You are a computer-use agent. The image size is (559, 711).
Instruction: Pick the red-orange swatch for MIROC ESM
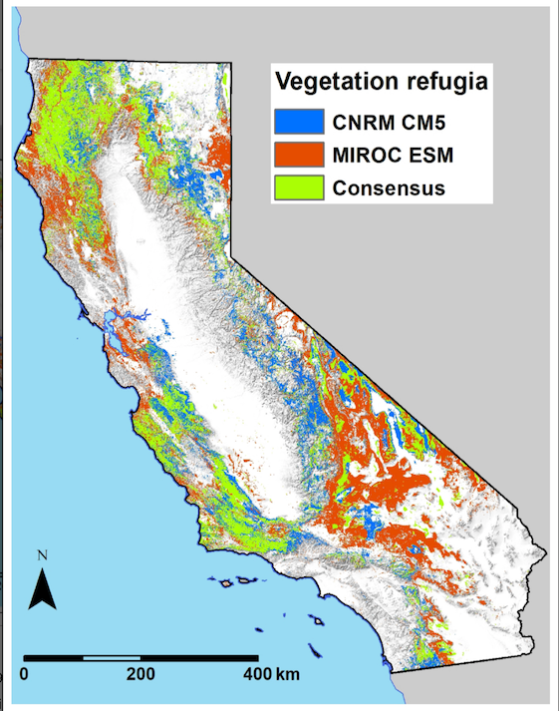(x=299, y=154)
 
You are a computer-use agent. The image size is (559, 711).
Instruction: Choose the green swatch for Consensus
(x=299, y=187)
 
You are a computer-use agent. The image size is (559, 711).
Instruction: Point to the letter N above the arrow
(x=42, y=554)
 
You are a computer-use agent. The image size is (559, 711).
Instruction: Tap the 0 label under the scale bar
(x=24, y=674)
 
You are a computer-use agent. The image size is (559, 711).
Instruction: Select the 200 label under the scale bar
(x=140, y=674)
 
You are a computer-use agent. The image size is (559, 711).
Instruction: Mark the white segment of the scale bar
(x=111, y=658)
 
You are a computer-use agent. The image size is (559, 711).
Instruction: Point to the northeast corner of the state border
(x=231, y=64)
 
